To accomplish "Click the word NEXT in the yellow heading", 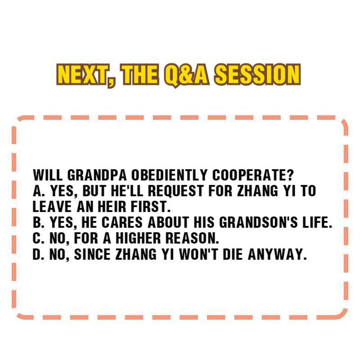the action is [x=83, y=75].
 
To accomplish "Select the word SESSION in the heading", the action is [x=257, y=74].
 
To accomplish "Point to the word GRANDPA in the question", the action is [x=97, y=175].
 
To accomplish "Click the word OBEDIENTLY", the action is [x=169, y=175].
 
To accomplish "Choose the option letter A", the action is [x=37, y=191].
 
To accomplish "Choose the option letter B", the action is [x=37, y=222].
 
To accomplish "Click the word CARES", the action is [x=122, y=222].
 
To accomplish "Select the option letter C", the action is [x=37, y=238].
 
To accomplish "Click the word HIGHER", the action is [x=138, y=238].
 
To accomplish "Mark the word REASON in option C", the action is [x=190, y=238].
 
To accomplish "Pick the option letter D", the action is [x=37, y=254].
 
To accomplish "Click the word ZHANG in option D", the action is [x=136, y=254].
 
